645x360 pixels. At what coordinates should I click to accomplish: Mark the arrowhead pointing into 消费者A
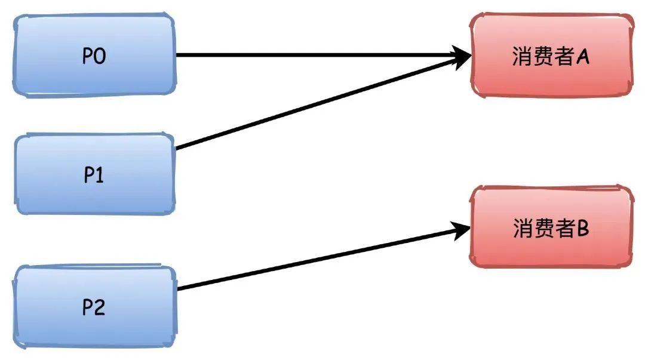(x=463, y=57)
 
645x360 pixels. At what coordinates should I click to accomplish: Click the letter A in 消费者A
(x=583, y=57)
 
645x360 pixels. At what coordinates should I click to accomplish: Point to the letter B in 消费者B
(x=582, y=229)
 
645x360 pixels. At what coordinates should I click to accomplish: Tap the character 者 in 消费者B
(x=564, y=229)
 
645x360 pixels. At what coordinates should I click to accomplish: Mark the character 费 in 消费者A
(x=543, y=57)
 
